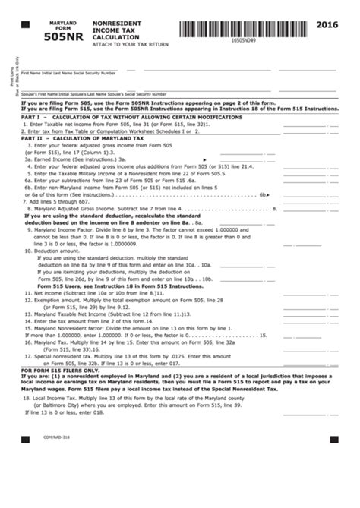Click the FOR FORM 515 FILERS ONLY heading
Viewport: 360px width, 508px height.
pyautogui.click(x=61, y=370)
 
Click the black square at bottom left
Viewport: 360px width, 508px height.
pyautogui.click(x=25, y=439)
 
